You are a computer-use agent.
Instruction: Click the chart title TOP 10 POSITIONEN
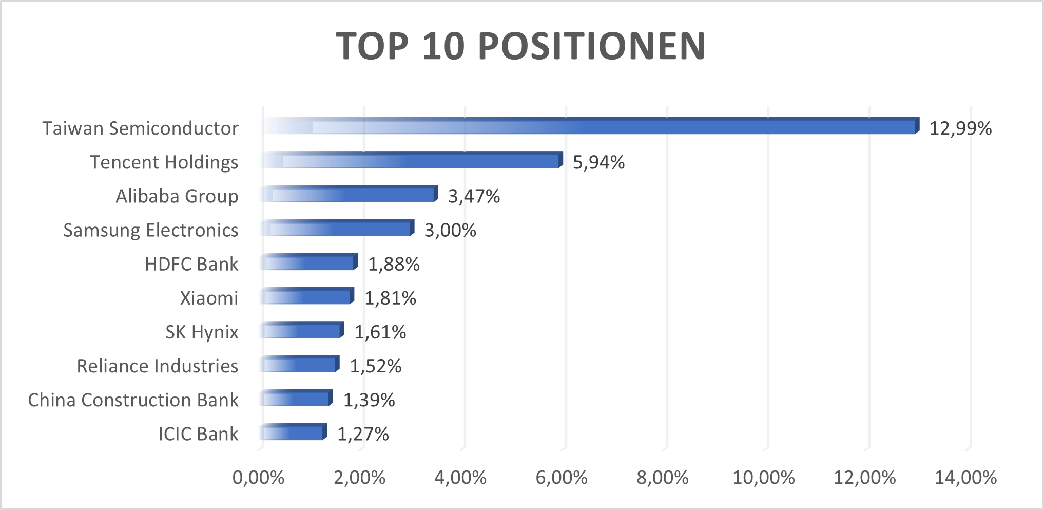pyautogui.click(x=521, y=46)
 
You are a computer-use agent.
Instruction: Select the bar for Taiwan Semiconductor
pyautogui.click(x=590, y=127)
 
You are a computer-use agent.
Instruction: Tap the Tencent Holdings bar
pyautogui.click(x=411, y=161)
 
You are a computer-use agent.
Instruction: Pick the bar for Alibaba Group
pyautogui.click(x=349, y=195)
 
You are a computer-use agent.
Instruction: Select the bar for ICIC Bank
pyautogui.click(x=293, y=432)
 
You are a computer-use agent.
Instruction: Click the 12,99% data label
pyautogui.click(x=960, y=128)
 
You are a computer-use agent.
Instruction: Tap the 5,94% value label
pyautogui.click(x=598, y=162)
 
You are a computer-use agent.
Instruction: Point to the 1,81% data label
pyautogui.click(x=390, y=298)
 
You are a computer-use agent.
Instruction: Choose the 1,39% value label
pyautogui.click(x=369, y=400)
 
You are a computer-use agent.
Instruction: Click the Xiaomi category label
pyautogui.click(x=209, y=298)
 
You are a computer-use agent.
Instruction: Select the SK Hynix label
pyautogui.click(x=202, y=332)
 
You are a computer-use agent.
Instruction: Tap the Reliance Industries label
pyautogui.click(x=157, y=366)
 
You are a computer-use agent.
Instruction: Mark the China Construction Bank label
pyautogui.click(x=133, y=400)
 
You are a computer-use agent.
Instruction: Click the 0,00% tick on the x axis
pyautogui.click(x=258, y=478)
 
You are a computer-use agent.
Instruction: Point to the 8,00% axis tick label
pyautogui.click(x=662, y=478)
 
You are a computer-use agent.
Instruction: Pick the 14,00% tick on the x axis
pyautogui.click(x=965, y=478)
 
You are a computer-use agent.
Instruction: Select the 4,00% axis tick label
pyautogui.click(x=460, y=478)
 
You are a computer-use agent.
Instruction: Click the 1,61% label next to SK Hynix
pyautogui.click(x=380, y=332)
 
